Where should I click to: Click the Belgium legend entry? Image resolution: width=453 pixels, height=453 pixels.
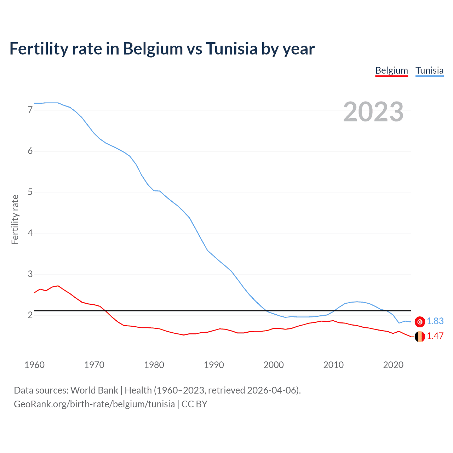tap(391, 70)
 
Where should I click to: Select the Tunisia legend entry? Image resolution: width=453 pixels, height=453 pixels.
tap(429, 70)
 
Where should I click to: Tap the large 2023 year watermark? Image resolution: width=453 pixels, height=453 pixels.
tap(373, 112)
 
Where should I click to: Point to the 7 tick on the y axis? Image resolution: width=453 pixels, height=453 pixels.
tap(30, 110)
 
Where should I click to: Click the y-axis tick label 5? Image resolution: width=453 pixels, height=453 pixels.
tap(30, 192)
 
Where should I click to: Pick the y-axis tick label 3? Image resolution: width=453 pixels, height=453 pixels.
tap(30, 274)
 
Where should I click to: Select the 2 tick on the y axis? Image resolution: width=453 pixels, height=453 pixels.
tap(30, 315)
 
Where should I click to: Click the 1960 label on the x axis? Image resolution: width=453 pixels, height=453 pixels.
tap(34, 365)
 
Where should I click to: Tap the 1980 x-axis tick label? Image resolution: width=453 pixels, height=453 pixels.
tap(154, 365)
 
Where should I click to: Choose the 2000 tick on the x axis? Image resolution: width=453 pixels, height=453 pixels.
tap(274, 365)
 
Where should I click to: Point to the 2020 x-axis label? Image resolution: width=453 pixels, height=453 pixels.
tap(393, 365)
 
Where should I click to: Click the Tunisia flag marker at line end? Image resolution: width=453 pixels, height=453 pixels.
tap(420, 321)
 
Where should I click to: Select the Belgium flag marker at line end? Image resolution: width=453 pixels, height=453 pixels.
tap(420, 337)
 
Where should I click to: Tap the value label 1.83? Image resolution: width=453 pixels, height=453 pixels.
tap(435, 321)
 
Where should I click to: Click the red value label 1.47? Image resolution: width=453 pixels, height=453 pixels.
tap(435, 336)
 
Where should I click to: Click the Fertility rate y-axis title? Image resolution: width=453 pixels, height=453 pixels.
tap(15, 219)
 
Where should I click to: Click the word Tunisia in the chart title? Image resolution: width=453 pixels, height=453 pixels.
tap(231, 48)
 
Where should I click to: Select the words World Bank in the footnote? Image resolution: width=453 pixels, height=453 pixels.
tap(94, 390)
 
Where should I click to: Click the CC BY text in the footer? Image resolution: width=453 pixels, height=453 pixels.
tap(194, 404)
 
